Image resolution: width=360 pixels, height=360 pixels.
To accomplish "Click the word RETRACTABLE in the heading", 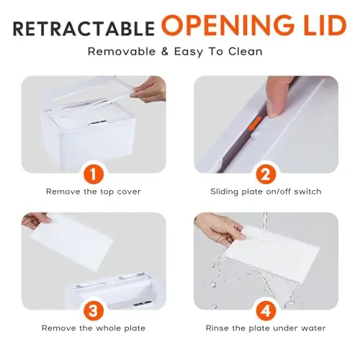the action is coord(84,29).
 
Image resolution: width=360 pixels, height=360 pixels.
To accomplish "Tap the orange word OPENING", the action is coord(226,25).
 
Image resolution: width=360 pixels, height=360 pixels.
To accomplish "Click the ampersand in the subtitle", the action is coord(165,52).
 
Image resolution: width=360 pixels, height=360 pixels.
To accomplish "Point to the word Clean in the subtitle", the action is coord(246,52).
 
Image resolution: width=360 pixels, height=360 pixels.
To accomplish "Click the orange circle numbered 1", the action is coord(94,174).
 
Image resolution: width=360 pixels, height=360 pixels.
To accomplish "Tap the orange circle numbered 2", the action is coord(266,174).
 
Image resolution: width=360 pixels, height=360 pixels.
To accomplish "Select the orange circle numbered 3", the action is coord(94,311).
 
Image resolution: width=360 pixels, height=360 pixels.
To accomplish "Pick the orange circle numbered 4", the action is coord(266,311).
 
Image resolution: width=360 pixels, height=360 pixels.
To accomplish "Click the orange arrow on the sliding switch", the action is coord(255,124).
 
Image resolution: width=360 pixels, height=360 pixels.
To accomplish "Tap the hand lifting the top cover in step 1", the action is coord(150,89).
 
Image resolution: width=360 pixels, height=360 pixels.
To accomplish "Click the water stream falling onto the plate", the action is coord(265,221).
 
